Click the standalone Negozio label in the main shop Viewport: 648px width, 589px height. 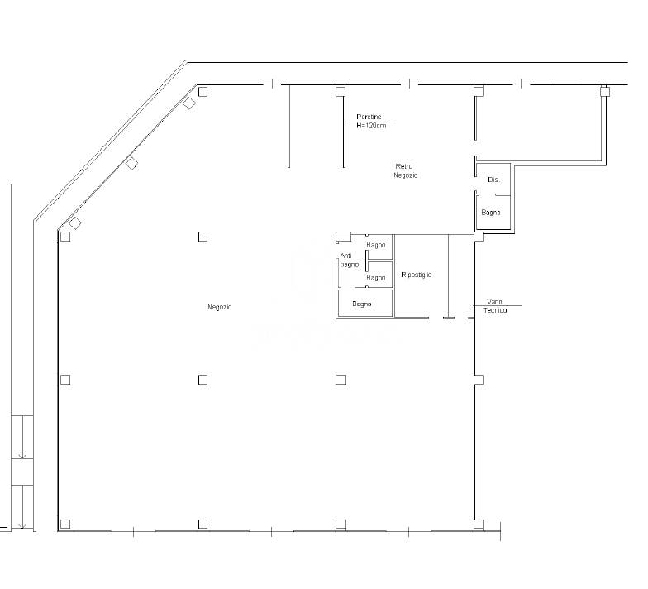coord(220,307)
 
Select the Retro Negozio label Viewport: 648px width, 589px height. coord(405,170)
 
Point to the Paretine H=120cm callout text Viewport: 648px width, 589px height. coord(370,121)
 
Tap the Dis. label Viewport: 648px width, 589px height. coord(493,180)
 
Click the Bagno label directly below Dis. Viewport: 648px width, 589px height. coord(491,213)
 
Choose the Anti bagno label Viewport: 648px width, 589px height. coord(349,260)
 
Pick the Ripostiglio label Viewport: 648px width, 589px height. coord(417,275)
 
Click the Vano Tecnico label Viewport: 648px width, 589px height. coord(494,306)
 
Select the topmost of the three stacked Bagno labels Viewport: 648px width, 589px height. coord(375,245)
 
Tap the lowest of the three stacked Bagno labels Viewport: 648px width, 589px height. coord(362,304)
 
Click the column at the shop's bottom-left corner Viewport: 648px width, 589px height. coord(65,524)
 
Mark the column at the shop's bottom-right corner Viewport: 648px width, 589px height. coord(478,524)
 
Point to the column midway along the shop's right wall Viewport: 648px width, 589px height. coord(478,380)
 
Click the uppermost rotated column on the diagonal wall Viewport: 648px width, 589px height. coord(189,103)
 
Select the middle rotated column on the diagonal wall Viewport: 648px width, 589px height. coord(131,164)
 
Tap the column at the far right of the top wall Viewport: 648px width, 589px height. coord(605,91)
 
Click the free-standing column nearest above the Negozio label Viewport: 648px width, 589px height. coord(202,237)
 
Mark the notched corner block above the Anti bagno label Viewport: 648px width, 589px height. coord(343,237)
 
